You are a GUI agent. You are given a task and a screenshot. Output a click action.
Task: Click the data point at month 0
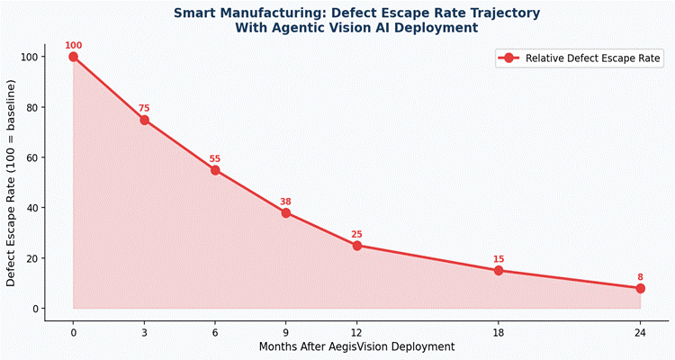(x=73, y=57)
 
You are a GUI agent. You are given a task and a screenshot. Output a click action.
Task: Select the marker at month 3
(x=144, y=120)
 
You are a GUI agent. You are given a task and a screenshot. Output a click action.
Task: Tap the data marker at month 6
(x=215, y=170)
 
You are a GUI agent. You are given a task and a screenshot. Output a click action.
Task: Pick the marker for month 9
(x=286, y=212)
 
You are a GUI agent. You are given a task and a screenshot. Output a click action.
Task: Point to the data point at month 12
(x=357, y=246)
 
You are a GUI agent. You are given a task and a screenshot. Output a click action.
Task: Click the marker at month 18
(x=499, y=271)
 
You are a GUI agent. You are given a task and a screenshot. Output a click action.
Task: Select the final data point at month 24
(x=641, y=288)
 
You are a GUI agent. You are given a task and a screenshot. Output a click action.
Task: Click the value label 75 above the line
(x=144, y=108)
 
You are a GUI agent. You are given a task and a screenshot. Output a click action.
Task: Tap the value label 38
(x=286, y=201)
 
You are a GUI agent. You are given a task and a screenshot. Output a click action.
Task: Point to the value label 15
(x=499, y=259)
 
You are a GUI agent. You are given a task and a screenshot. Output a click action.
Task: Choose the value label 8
(x=641, y=276)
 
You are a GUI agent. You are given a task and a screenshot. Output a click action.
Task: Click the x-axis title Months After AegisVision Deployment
(x=356, y=346)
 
